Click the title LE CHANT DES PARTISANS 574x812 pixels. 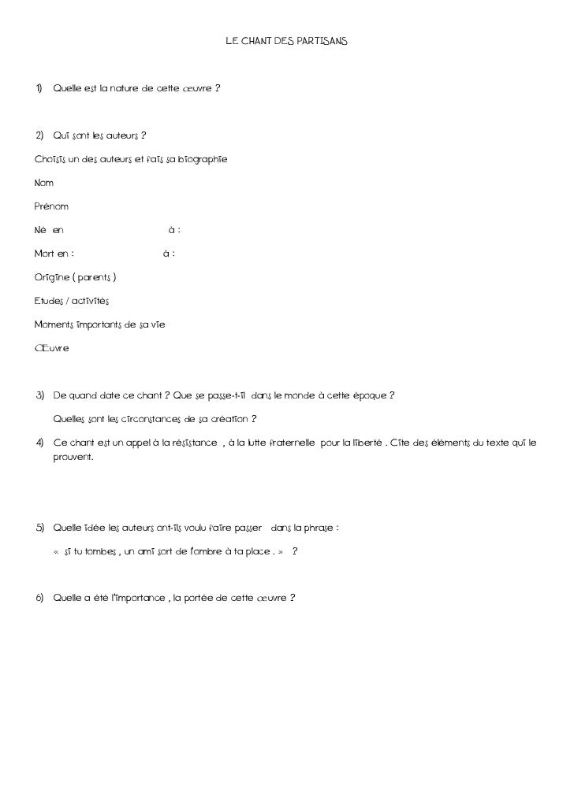[x=286, y=39]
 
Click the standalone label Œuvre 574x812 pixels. [x=51, y=348]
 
